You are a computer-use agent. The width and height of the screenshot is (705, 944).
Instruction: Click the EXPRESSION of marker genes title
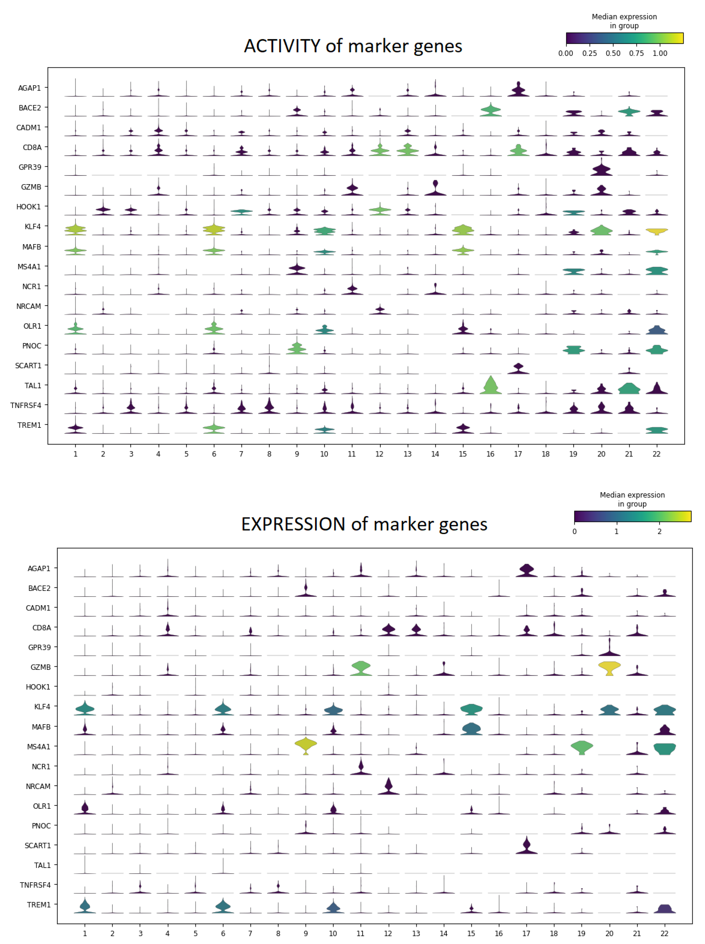click(x=364, y=524)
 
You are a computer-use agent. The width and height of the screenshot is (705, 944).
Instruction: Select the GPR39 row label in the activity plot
click(x=30, y=167)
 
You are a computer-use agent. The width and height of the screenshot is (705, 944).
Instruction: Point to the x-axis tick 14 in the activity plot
click(x=435, y=454)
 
